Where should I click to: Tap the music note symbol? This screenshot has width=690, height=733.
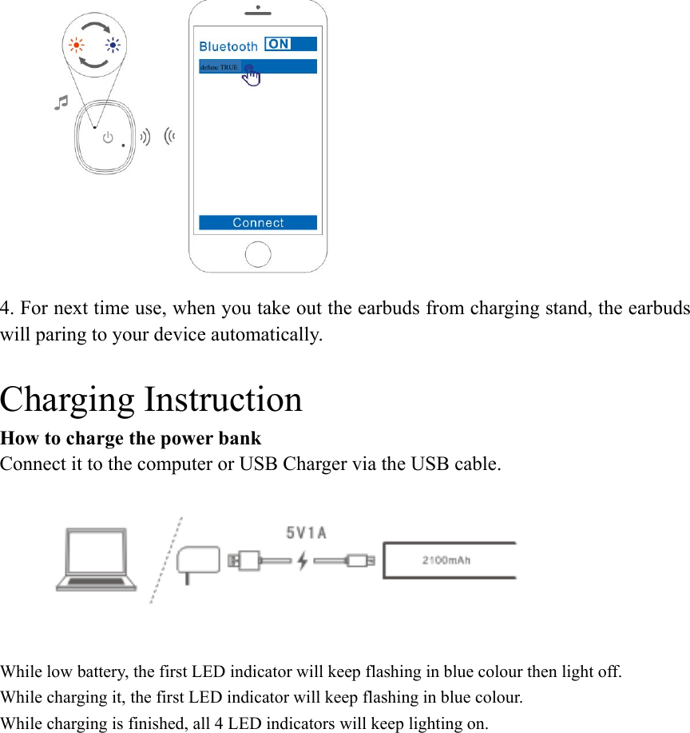[x=61, y=102]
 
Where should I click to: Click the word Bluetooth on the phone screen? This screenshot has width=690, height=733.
[x=228, y=46]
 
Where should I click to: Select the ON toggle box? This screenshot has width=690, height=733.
[x=278, y=44]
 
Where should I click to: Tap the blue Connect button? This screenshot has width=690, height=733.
[x=257, y=223]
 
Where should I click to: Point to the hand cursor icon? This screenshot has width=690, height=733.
[x=251, y=74]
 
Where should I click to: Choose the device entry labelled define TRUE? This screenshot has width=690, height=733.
[x=219, y=67]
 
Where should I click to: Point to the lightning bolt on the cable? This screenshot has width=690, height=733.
[x=302, y=561]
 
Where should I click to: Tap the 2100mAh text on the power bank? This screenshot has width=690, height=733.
[x=446, y=560]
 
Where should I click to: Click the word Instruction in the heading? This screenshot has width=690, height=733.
[x=223, y=399]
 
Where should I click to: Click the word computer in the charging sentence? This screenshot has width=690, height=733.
[x=169, y=463]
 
